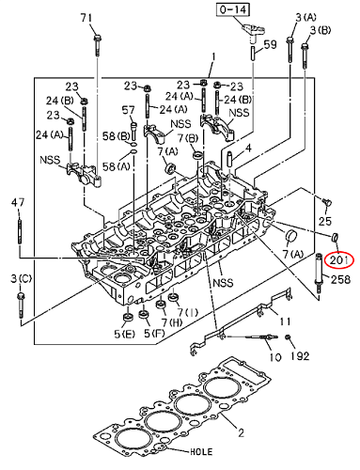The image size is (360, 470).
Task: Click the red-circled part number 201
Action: [338, 260]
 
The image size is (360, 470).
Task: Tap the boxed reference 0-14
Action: [233, 9]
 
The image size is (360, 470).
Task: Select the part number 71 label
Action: [86, 17]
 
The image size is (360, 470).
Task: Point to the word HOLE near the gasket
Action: [201, 451]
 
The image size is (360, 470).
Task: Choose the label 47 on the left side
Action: [18, 202]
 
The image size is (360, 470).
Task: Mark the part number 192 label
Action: [300, 356]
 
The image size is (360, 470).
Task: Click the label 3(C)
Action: [21, 278]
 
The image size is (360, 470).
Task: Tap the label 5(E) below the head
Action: [124, 334]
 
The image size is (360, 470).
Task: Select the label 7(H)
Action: [171, 322]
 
